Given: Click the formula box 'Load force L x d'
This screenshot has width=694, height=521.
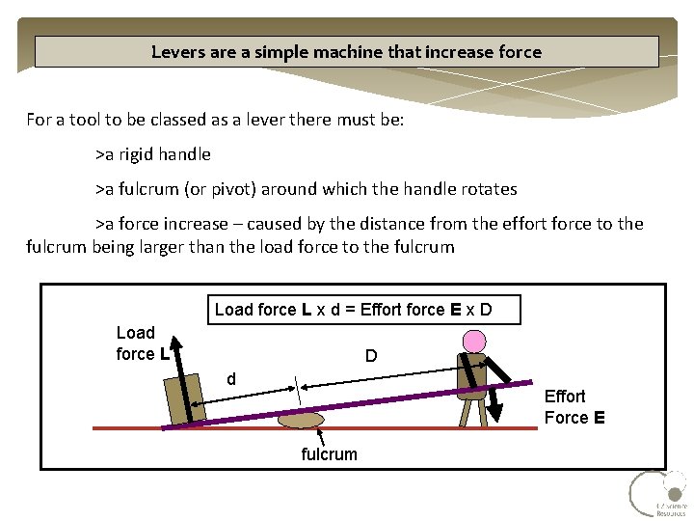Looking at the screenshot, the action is [x=365, y=310].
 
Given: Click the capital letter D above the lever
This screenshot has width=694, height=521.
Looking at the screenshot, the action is [x=371, y=357].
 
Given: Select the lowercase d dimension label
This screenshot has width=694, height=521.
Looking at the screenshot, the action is [x=231, y=378].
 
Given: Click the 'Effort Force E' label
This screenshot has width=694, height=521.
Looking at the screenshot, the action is [x=574, y=407].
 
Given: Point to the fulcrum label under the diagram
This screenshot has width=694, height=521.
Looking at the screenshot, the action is [x=329, y=453].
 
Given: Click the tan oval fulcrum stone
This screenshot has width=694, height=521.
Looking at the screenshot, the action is [x=301, y=420].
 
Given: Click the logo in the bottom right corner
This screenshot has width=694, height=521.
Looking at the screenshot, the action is [x=658, y=494].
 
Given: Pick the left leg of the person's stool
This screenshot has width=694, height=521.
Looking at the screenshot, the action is [x=463, y=412].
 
